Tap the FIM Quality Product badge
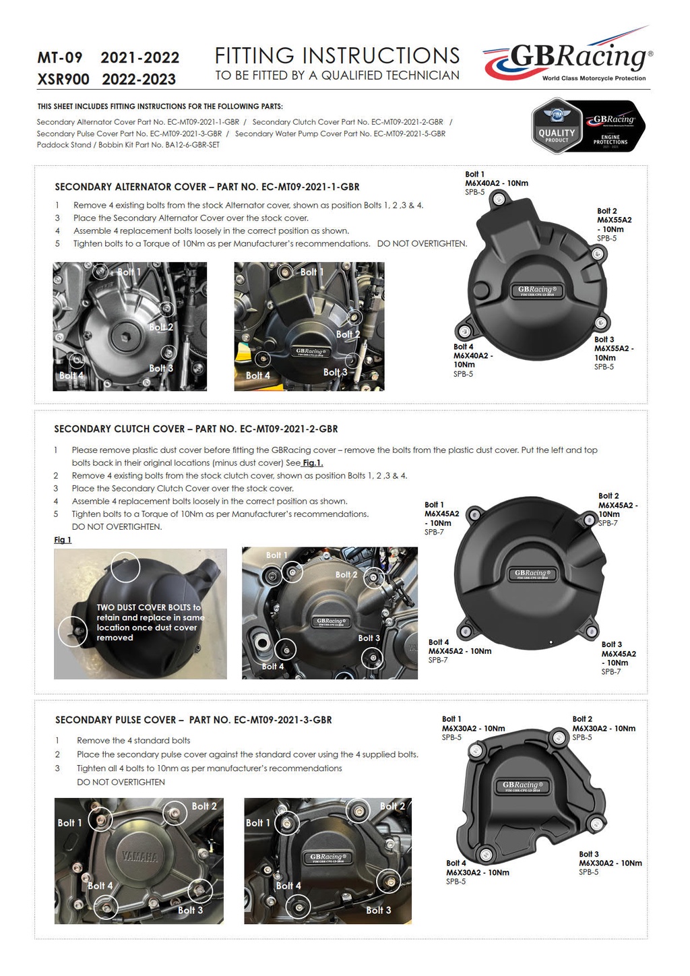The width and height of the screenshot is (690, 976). coord(557,126)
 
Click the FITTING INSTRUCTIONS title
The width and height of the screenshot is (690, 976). coord(337,55)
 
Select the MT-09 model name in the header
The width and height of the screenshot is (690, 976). coord(60,58)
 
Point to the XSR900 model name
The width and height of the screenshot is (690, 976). coord(63,80)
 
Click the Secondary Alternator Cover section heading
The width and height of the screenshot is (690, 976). coord(207,187)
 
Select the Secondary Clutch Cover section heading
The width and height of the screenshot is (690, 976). coord(195,429)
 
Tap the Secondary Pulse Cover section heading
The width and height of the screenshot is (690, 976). coord(193,720)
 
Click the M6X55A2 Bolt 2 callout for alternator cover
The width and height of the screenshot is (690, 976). coord(613,224)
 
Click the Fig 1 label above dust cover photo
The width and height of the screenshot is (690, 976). coord(63,540)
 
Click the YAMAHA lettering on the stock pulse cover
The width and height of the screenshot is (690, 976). coord(139,857)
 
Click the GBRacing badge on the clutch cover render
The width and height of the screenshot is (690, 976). coord(532,574)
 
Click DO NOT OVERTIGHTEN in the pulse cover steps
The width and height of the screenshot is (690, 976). coord(121,782)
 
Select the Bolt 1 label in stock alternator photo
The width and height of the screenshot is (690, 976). coord(129,272)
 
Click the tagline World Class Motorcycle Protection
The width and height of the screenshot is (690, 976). coord(594,78)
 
